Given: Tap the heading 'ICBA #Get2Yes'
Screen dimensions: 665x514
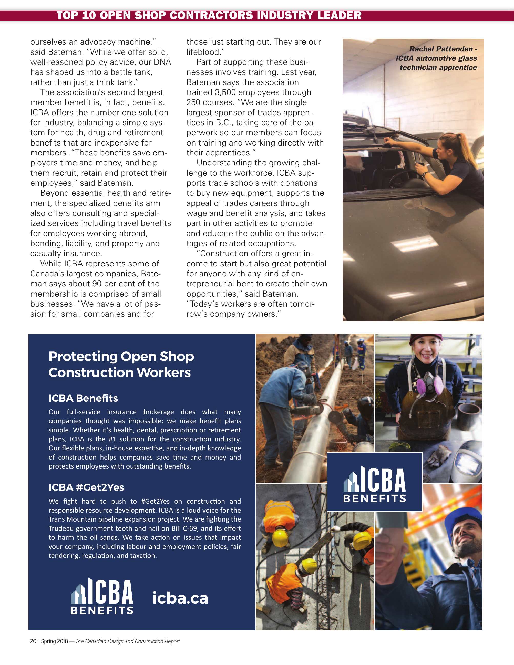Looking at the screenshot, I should point(86,487).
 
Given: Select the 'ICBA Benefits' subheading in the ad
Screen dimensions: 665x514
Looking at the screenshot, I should point(83,398).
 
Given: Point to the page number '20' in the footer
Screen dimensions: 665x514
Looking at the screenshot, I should point(33,641).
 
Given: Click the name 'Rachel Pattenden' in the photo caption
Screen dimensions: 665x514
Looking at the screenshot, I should point(441,49).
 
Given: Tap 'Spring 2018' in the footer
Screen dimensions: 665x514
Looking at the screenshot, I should point(55,641).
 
